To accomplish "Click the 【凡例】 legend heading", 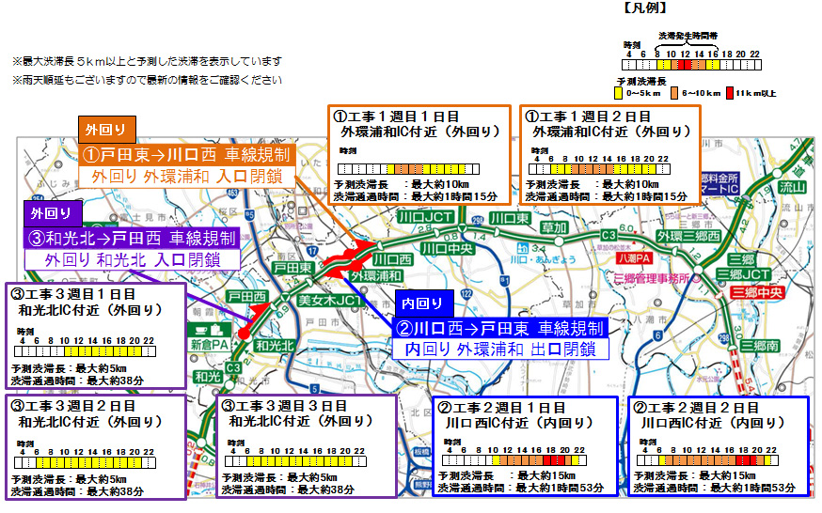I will coord(645,8).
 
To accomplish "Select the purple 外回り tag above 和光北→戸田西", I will coord(47,211).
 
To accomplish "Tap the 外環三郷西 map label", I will coord(689,235).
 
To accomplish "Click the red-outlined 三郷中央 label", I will coord(757,291).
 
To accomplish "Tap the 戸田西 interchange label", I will coord(246,296).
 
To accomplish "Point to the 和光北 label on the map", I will coord(274,346).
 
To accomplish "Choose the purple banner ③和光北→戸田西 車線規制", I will coord(133,238).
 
